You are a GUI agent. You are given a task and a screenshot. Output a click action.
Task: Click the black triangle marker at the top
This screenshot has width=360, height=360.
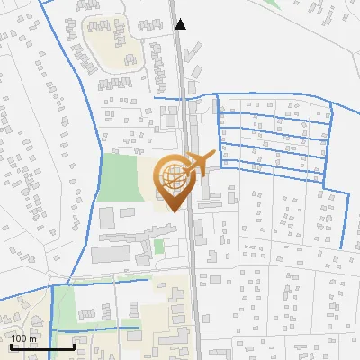tap(181, 24)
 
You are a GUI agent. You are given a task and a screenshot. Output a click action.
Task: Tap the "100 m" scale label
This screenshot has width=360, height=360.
tap(24, 338)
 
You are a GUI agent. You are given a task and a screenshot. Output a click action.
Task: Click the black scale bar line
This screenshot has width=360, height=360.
tap(42, 346)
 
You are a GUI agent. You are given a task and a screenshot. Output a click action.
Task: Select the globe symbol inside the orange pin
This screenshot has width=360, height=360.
tap(171, 177)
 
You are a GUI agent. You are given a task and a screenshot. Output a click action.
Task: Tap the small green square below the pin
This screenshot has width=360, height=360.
tap(159, 246)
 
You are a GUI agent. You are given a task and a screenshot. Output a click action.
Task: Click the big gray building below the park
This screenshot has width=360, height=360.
tap(117, 253)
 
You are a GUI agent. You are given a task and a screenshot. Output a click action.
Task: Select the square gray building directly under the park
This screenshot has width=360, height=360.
tap(106, 217)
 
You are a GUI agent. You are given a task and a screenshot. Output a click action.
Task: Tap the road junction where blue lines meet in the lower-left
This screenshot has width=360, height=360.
tap(53, 285)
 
